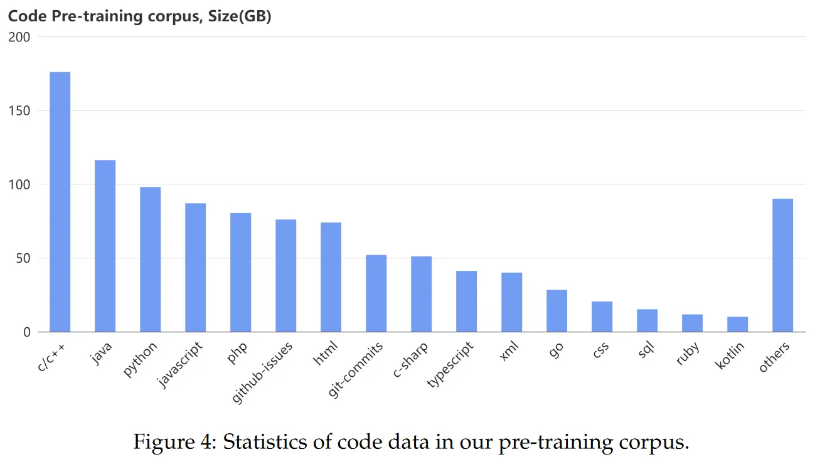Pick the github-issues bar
click(286, 276)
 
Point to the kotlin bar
click(738, 324)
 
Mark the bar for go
click(557, 311)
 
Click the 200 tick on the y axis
click(19, 37)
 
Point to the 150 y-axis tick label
click(19, 111)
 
